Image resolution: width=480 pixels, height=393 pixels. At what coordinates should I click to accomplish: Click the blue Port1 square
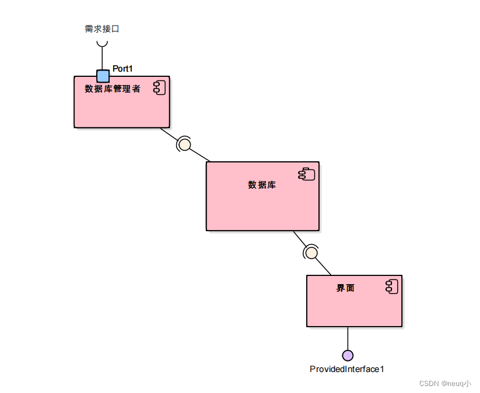click(x=103, y=76)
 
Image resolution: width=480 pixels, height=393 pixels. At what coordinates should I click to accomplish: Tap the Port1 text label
click(x=122, y=69)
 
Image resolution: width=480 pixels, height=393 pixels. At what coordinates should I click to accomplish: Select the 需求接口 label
click(x=101, y=29)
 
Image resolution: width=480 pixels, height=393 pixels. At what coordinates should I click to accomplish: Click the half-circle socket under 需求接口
click(x=102, y=43)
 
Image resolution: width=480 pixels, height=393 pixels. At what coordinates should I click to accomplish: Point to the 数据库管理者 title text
click(x=113, y=89)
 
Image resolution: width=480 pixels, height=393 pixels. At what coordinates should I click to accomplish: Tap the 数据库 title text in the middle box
click(x=262, y=185)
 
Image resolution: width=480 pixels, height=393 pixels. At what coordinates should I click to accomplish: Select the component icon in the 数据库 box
click(x=307, y=173)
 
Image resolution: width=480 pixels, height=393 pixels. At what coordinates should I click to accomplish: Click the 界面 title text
click(x=345, y=288)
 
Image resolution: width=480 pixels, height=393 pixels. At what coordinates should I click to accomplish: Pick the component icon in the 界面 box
click(x=391, y=286)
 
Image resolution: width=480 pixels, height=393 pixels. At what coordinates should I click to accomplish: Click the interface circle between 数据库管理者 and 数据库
click(x=184, y=144)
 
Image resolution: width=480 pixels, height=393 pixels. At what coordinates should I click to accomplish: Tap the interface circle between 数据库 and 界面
click(x=311, y=253)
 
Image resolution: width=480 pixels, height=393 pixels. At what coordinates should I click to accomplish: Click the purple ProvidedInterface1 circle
click(x=348, y=355)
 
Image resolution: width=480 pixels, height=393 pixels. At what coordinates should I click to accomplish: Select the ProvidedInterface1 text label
click(x=347, y=369)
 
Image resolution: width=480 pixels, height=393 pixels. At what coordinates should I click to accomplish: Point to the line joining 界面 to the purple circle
click(x=348, y=338)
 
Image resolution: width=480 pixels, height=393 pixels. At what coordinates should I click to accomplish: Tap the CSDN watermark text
click(x=445, y=384)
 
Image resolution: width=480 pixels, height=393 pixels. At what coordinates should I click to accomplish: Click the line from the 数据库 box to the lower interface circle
click(x=299, y=238)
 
